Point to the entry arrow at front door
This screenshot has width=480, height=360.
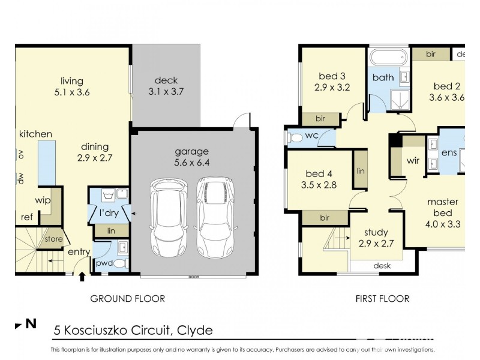click(82, 277)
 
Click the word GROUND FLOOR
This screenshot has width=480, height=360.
click(127, 298)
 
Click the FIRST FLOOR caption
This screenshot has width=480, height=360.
click(382, 298)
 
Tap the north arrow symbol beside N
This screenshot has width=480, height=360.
click(18, 326)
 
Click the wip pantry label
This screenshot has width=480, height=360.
click(42, 200)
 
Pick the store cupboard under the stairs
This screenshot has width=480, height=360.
click(53, 239)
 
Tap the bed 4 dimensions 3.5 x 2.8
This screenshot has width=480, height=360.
click(319, 185)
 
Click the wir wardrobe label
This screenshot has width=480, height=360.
click(413, 161)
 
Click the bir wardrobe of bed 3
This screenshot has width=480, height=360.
click(320, 119)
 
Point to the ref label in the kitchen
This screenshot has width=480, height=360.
click(26, 218)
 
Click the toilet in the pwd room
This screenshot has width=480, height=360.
click(119, 263)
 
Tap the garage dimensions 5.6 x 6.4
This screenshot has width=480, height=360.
click(192, 162)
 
